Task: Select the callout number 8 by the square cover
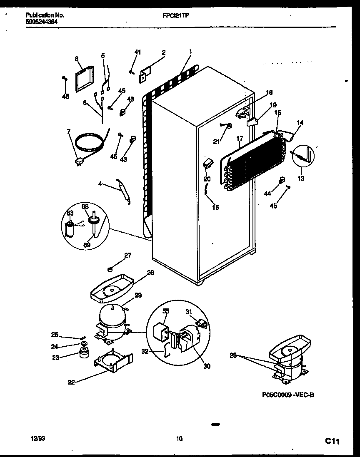point(77,59)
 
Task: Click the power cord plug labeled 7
point(79,161)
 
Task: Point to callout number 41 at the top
point(137,52)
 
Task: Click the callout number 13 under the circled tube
point(301,179)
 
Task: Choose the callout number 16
point(215,207)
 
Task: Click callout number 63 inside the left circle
point(70,214)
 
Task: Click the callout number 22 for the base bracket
point(71,382)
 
